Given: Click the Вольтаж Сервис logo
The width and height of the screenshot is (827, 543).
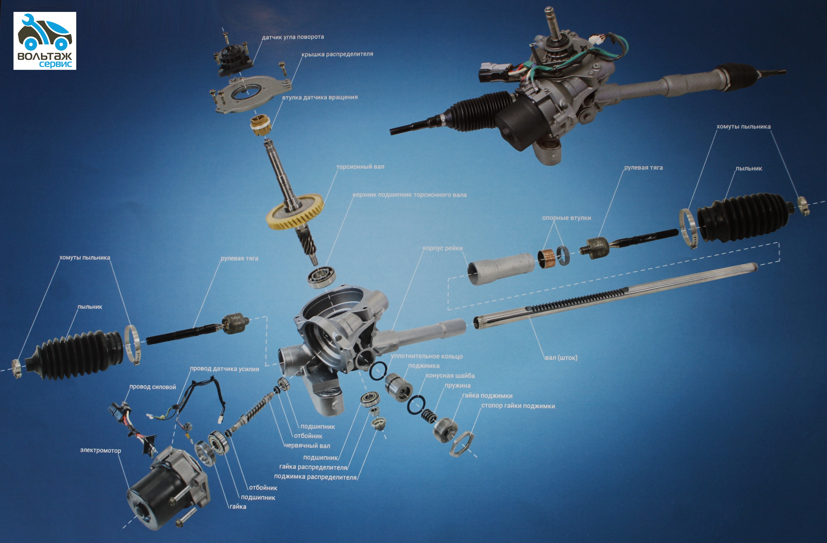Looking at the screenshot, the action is pyautogui.click(x=45, y=41).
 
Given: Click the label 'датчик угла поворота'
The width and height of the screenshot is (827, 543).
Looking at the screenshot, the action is pyautogui.click(x=293, y=37).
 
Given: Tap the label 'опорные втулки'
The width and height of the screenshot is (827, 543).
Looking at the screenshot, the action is pyautogui.click(x=566, y=218).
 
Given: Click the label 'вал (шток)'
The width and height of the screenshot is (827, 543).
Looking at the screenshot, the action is pyautogui.click(x=561, y=358).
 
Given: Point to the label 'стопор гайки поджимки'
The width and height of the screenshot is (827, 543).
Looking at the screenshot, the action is pyautogui.click(x=518, y=406).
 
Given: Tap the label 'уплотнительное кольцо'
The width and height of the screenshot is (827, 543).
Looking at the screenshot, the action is pyautogui.click(x=427, y=356).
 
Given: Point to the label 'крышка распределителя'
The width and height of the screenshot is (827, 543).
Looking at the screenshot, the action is pyautogui.click(x=337, y=54).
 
